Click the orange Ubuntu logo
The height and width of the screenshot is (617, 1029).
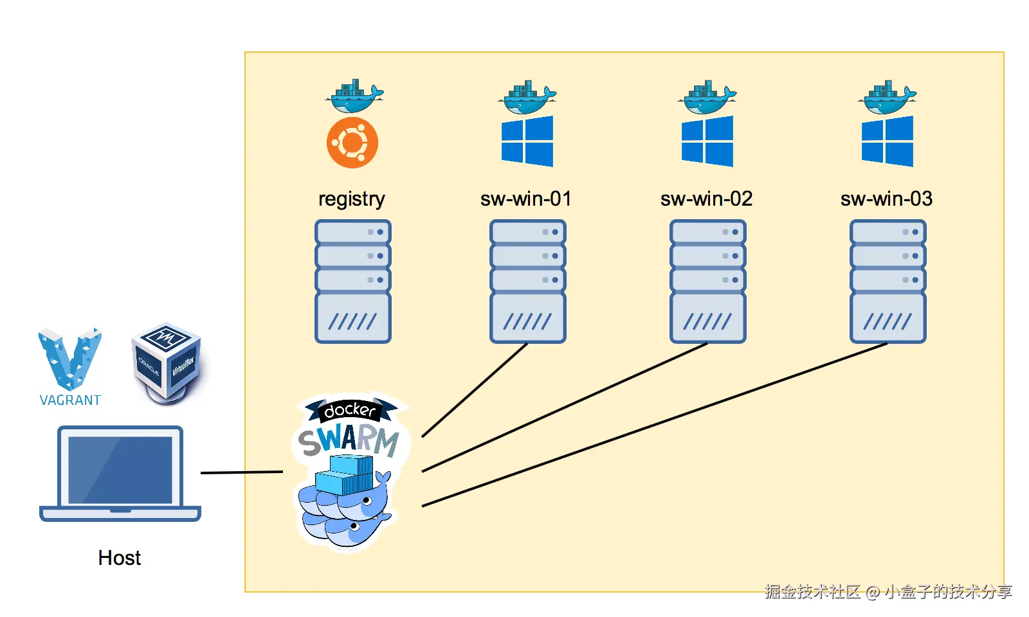352,142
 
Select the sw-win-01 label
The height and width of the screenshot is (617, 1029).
526,199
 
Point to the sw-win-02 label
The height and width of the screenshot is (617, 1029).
707,199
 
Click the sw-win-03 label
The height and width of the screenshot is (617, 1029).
887,199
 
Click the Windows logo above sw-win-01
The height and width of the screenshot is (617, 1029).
527,141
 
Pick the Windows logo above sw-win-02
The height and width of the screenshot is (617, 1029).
707,141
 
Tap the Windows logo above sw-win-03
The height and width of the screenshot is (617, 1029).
888,141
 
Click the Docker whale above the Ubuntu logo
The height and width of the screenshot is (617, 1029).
354,96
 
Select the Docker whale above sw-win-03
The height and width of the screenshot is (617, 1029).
887,97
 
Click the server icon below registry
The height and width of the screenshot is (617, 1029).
353,282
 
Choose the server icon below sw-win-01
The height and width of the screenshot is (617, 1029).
528,282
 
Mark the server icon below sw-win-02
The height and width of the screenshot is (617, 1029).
708,282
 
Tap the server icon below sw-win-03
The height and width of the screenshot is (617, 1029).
888,282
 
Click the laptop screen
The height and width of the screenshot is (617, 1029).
120,470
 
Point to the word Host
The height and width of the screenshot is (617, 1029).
120,558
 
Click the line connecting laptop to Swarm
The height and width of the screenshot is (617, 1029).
242,472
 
